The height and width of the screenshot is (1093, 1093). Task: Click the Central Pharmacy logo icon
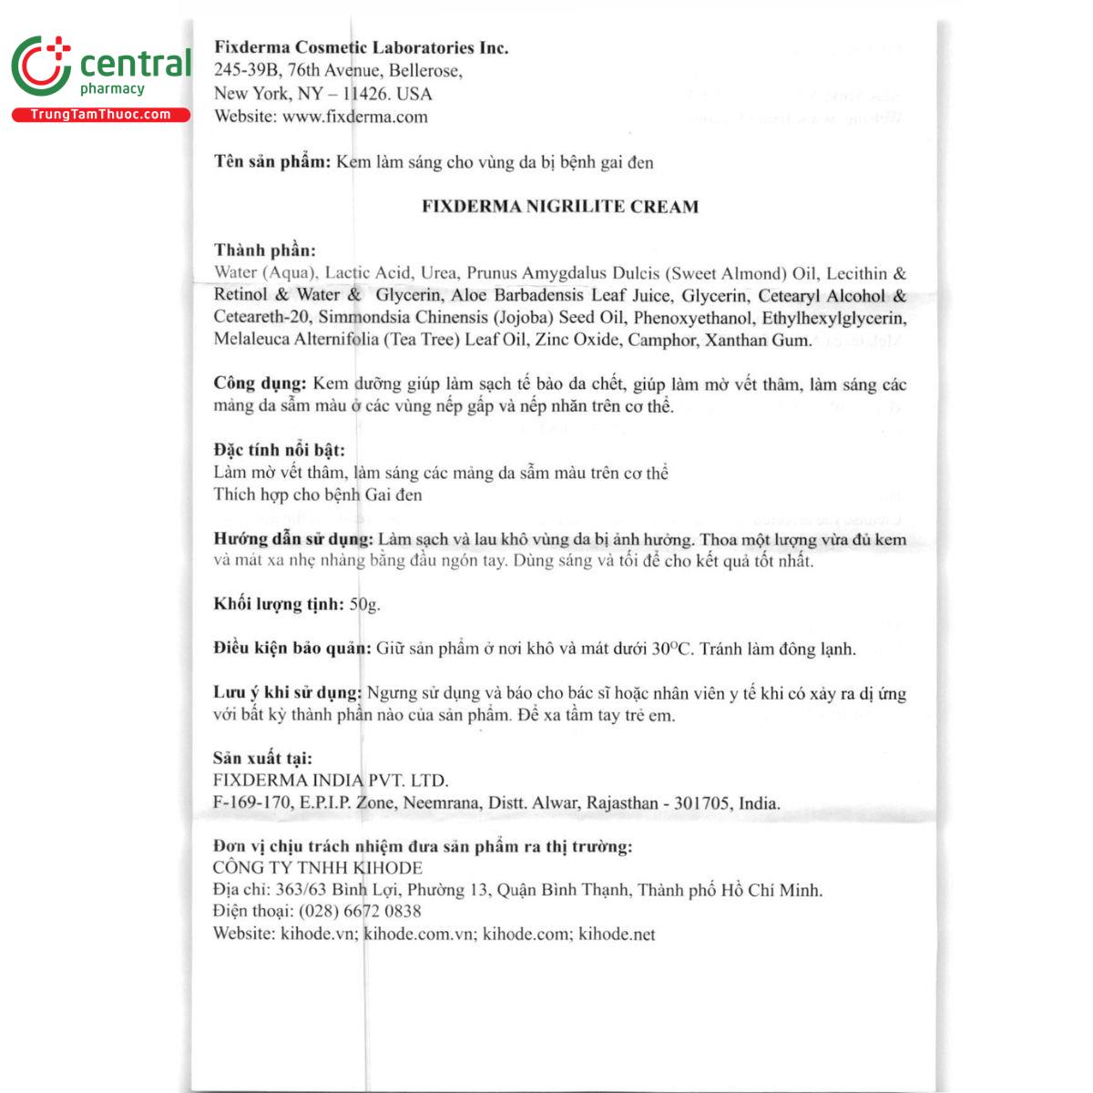point(41,67)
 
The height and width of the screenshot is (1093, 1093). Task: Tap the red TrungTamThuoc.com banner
point(100,115)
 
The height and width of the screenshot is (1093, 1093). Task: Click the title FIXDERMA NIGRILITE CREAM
point(560,207)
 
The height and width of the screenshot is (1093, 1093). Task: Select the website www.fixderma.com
point(354,117)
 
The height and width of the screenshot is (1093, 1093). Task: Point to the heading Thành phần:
point(265,250)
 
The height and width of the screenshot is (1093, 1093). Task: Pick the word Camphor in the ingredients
point(665,341)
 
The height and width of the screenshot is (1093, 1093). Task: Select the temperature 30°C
point(672,649)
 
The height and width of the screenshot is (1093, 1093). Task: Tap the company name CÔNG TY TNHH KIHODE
point(317,868)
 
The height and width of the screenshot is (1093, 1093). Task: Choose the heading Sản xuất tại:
point(262,758)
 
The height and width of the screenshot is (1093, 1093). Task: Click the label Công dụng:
point(260,383)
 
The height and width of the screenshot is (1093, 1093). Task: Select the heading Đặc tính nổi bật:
point(279,450)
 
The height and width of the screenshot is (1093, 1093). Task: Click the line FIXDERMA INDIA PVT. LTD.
point(331,781)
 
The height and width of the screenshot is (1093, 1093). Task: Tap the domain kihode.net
point(617,934)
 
